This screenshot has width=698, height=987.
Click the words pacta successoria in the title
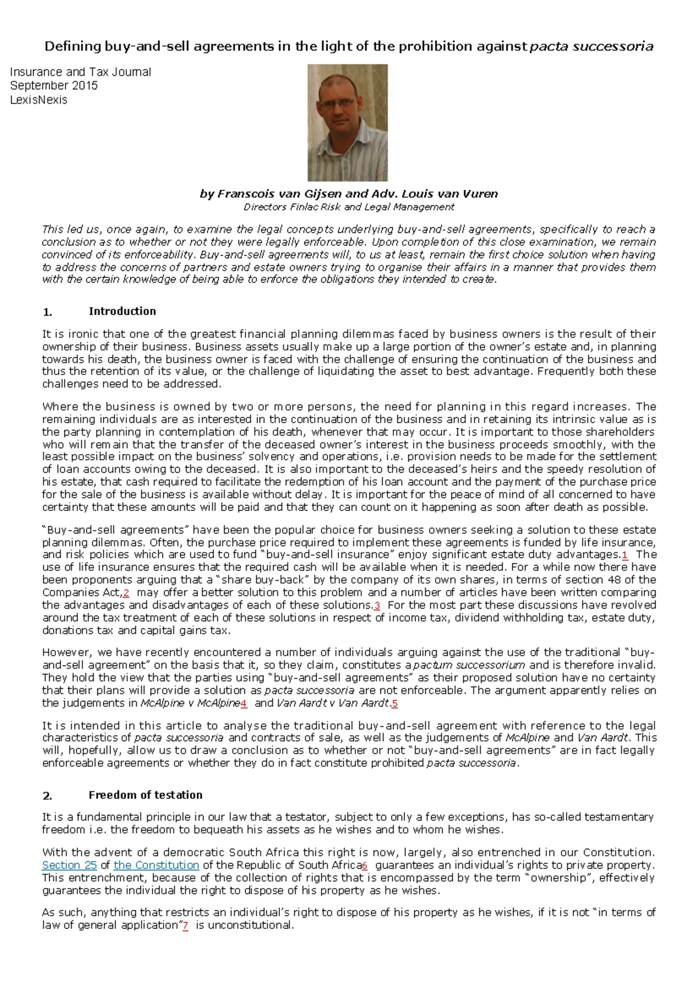(x=591, y=47)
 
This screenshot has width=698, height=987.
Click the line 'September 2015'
(x=54, y=85)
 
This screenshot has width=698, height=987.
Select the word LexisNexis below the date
(x=38, y=100)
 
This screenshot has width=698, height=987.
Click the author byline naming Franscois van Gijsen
(x=348, y=194)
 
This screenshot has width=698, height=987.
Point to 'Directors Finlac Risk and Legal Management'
(x=348, y=207)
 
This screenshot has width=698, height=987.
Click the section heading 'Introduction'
(x=122, y=312)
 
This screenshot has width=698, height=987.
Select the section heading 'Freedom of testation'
(x=145, y=795)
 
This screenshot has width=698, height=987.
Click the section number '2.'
(x=48, y=796)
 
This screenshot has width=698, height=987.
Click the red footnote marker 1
(x=625, y=555)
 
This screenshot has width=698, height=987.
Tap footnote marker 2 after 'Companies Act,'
(x=126, y=592)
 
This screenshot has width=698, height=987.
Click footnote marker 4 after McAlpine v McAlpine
(x=244, y=703)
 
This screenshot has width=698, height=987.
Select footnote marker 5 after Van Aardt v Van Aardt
(x=395, y=703)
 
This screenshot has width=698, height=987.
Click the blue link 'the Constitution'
(x=156, y=865)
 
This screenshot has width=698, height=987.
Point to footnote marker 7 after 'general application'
(x=186, y=925)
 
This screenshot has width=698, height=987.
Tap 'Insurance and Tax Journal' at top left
(x=81, y=72)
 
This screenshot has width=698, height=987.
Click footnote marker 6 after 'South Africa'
(x=365, y=866)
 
